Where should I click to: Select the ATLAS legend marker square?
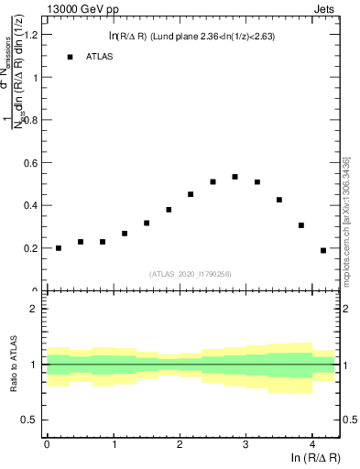pyautogui.click(x=70, y=57)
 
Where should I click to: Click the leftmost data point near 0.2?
pyautogui.click(x=59, y=248)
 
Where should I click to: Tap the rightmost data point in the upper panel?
pyautogui.click(x=323, y=250)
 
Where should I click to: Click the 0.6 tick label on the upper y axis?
pyautogui.click(x=30, y=163)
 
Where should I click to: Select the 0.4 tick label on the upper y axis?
pyautogui.click(x=30, y=205)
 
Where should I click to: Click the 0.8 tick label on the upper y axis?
pyautogui.click(x=30, y=120)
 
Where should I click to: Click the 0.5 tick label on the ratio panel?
pyautogui.click(x=30, y=420)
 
